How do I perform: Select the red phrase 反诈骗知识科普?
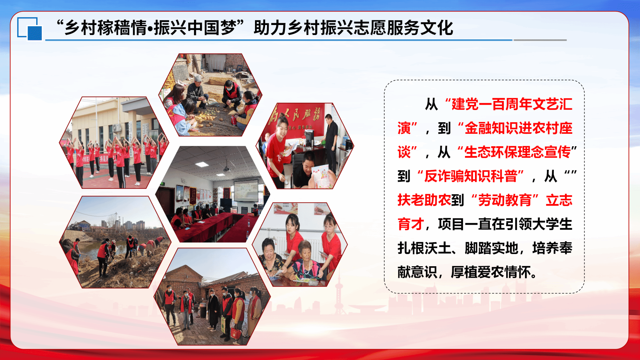(x=471, y=176)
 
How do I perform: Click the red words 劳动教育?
(x=505, y=200)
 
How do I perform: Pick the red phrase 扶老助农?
(x=424, y=200)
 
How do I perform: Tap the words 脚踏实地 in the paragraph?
(x=491, y=248)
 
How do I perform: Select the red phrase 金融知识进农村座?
(x=518, y=128)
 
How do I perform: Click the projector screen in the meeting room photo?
(x=246, y=190)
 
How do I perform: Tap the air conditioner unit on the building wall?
(x=117, y=128)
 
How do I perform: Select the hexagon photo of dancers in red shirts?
(x=114, y=142)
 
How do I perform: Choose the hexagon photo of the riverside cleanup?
(x=115, y=242)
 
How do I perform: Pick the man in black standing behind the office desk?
(x=331, y=141)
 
